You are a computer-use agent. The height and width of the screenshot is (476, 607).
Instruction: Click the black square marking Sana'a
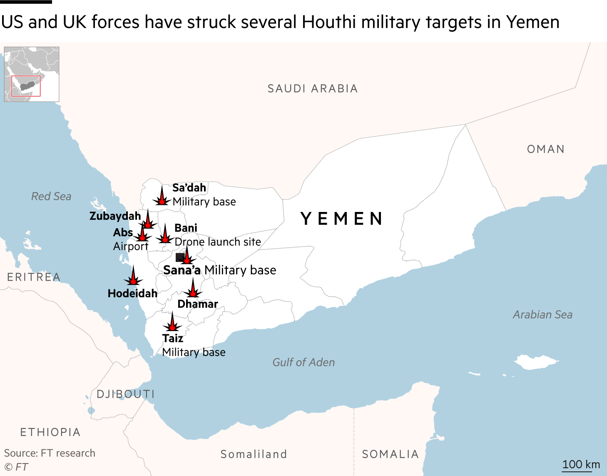[180, 257]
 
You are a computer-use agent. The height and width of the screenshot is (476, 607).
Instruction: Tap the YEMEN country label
[341, 219]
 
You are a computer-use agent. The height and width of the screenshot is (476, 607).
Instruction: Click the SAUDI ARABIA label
[313, 89]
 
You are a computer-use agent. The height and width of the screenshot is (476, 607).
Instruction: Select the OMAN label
[546, 149]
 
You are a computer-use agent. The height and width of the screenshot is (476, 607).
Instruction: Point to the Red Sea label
[51, 196]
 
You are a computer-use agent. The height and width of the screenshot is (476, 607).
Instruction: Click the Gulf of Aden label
[303, 362]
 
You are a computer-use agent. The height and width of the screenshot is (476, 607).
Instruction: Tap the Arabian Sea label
[542, 314]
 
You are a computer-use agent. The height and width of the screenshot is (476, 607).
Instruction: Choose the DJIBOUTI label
[126, 394]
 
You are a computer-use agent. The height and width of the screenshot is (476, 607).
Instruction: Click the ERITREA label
[34, 277]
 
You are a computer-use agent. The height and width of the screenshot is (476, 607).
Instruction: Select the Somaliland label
[254, 454]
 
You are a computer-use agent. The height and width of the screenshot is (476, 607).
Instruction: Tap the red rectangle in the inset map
[26, 86]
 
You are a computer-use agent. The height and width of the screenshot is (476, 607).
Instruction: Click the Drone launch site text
[218, 242]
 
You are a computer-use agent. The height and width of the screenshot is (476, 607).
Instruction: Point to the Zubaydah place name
[115, 216]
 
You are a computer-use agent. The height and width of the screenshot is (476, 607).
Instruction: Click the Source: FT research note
[50, 453]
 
